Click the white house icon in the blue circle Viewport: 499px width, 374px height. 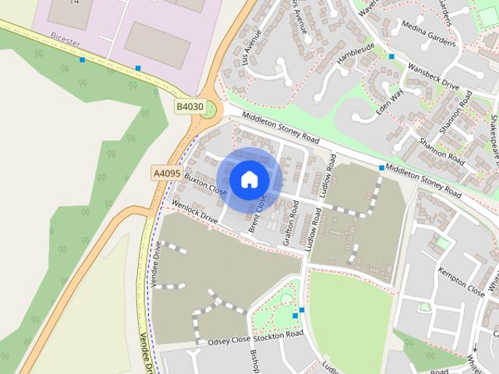click(x=248, y=179)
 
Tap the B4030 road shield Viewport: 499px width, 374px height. click(x=189, y=106)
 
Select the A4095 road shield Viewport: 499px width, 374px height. click(x=167, y=173)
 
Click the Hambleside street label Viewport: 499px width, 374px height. click(x=356, y=55)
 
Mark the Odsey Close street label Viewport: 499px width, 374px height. click(x=228, y=340)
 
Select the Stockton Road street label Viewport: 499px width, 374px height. click(x=278, y=334)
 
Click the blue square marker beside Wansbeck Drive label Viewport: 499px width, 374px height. click(x=391, y=57)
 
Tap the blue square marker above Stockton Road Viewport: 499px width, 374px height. click(x=302, y=310)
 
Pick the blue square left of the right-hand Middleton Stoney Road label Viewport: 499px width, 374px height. click(x=381, y=168)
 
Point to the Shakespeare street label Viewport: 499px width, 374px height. click(x=492, y=136)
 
